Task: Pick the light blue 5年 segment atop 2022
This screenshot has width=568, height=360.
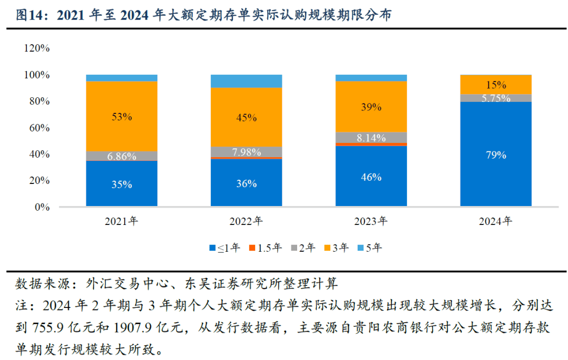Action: coord(246,81)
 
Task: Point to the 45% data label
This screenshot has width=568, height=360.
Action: coord(246,118)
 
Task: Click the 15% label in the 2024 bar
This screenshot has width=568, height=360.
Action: coord(496,85)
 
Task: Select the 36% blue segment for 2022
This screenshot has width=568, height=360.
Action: coord(246,184)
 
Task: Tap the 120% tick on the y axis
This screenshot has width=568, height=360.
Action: coord(36,48)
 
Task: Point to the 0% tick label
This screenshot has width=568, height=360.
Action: coord(42,207)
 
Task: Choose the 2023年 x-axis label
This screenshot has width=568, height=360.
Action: coord(371,221)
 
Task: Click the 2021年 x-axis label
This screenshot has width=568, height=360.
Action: coord(121,221)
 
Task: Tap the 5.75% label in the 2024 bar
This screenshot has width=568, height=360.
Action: coord(496,98)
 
